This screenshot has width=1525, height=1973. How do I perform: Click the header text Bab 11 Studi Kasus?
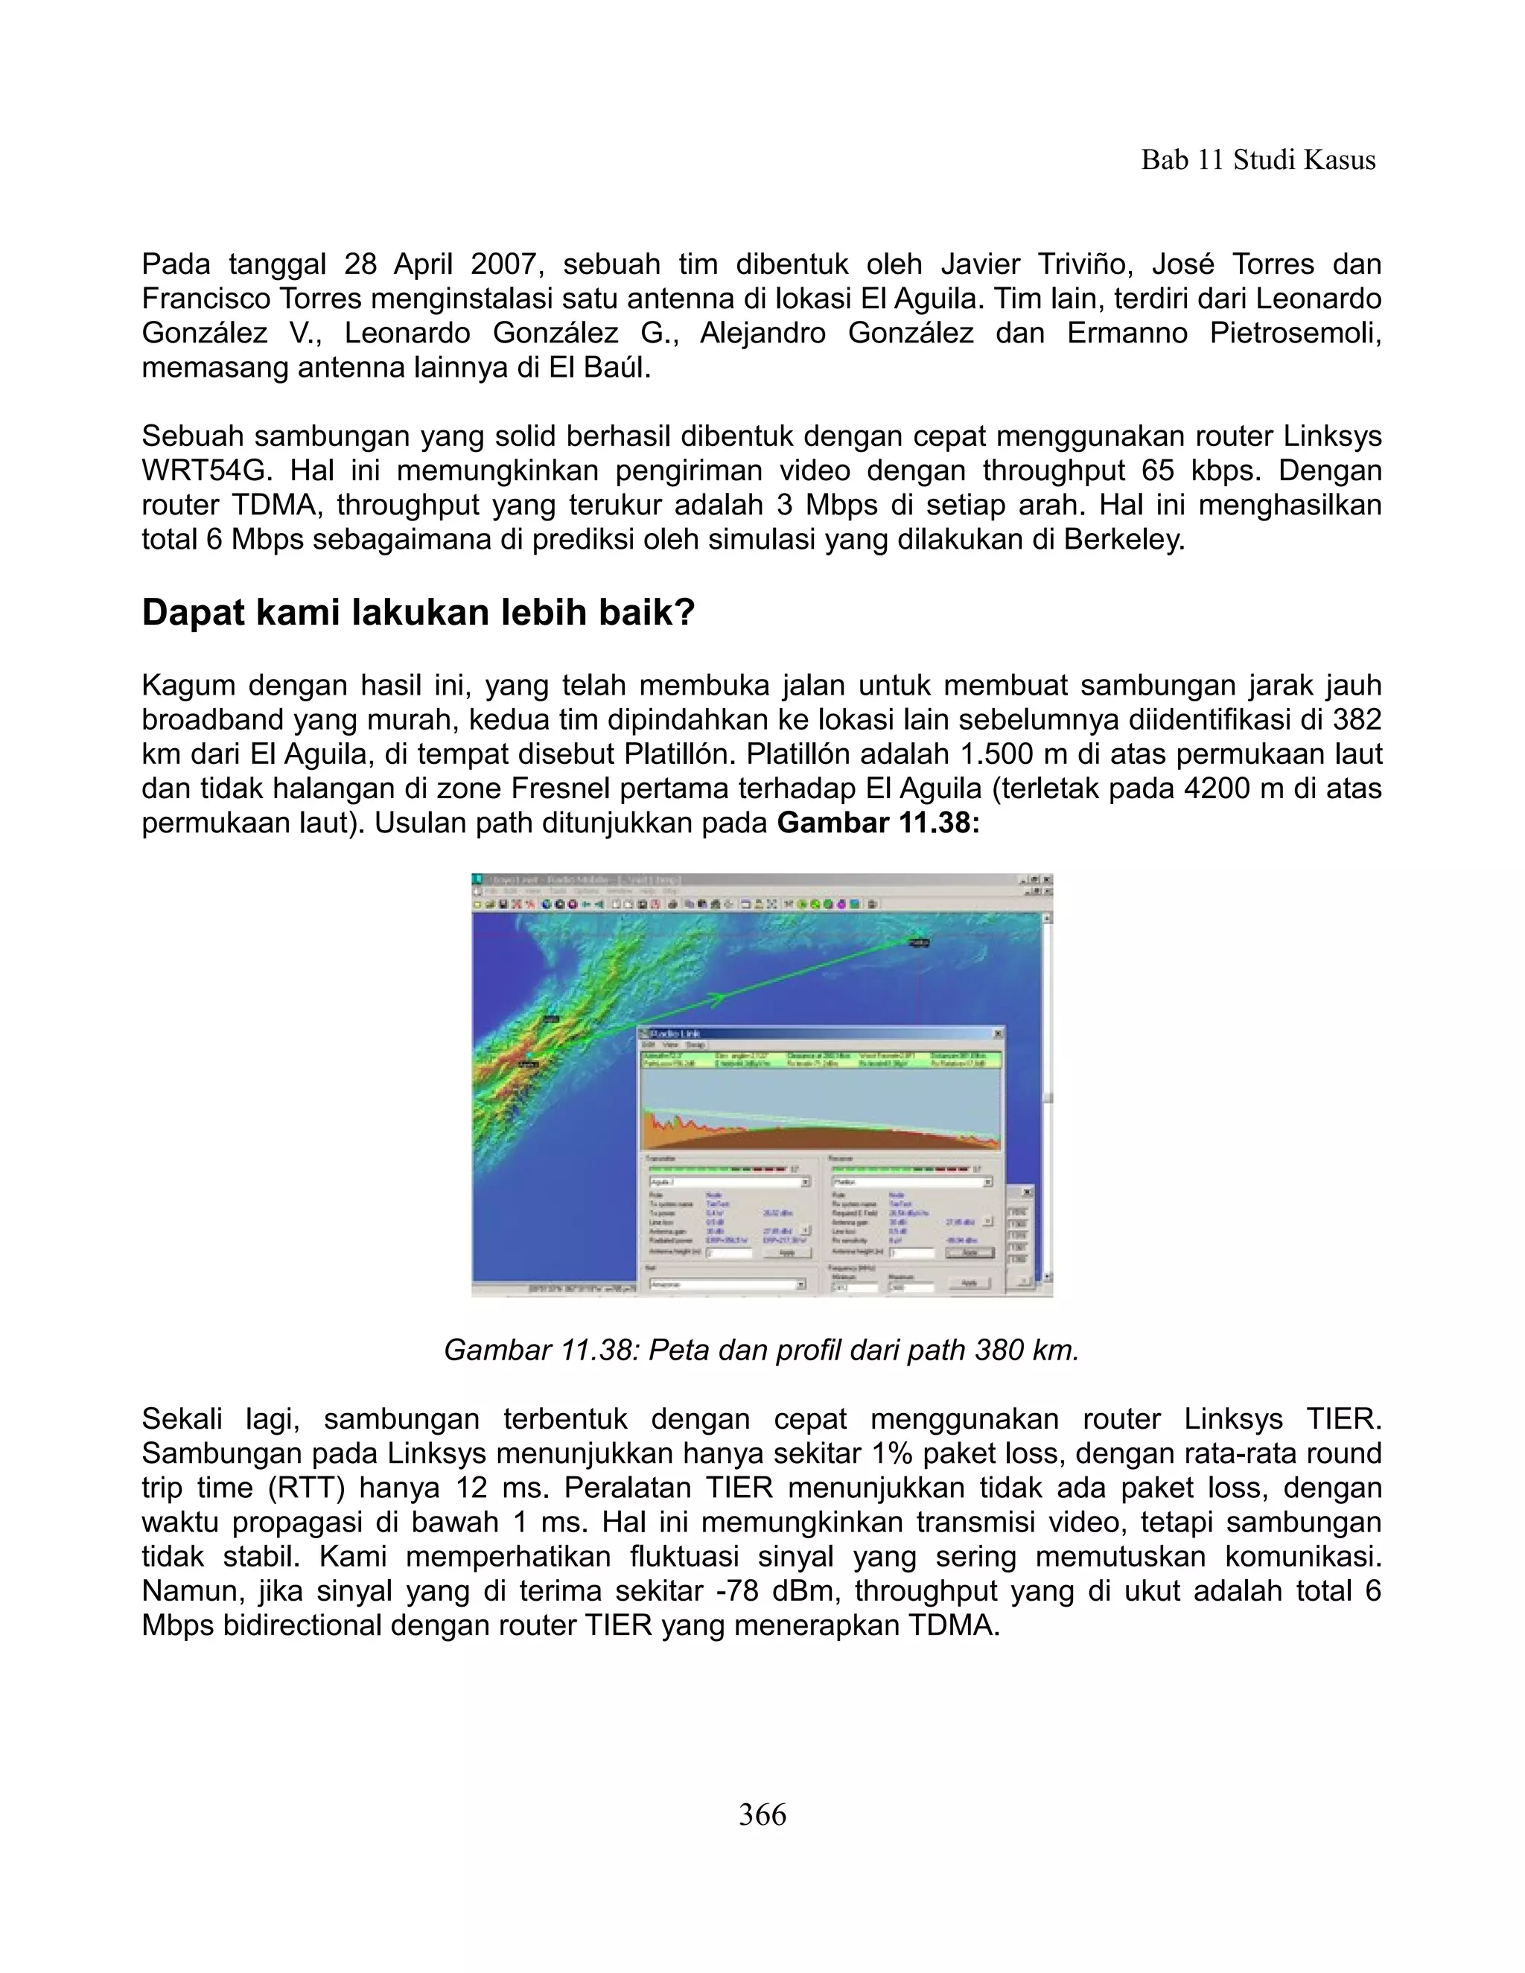click(1258, 161)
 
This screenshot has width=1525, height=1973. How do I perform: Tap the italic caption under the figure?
click(762, 1350)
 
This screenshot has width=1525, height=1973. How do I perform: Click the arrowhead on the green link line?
click(716, 998)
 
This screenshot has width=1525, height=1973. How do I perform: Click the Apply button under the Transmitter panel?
click(787, 1252)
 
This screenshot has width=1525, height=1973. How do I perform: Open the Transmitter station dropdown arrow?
click(805, 1182)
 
